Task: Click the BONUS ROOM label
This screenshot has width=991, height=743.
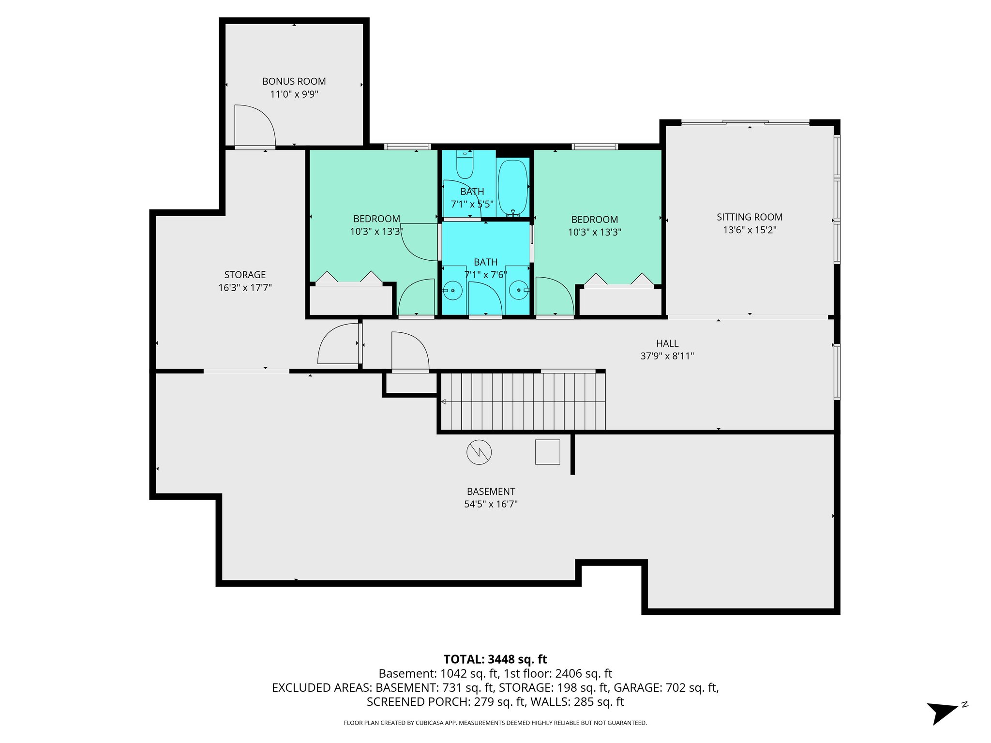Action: coord(294,82)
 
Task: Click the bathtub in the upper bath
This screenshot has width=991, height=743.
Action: coord(512,187)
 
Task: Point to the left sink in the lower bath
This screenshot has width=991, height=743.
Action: coord(452,290)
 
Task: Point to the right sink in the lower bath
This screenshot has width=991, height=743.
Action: coord(518,290)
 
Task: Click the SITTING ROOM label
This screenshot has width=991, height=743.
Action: coord(749,217)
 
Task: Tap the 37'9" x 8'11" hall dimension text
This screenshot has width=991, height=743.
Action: coord(667,356)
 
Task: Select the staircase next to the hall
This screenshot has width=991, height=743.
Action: coord(523,401)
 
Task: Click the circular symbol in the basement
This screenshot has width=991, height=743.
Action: coord(479,452)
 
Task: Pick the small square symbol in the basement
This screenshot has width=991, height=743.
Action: coord(547,452)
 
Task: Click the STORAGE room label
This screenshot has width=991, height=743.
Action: coord(245,275)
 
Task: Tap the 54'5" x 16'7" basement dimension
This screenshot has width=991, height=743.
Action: coord(491,504)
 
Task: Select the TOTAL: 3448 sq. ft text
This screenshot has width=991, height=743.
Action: coord(495,659)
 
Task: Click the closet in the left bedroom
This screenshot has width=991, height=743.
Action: coord(350,300)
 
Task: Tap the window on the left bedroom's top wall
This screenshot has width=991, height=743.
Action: coord(407,146)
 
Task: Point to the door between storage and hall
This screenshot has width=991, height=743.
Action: coord(339,344)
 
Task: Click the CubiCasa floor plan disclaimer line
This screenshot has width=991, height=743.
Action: coord(495,723)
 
